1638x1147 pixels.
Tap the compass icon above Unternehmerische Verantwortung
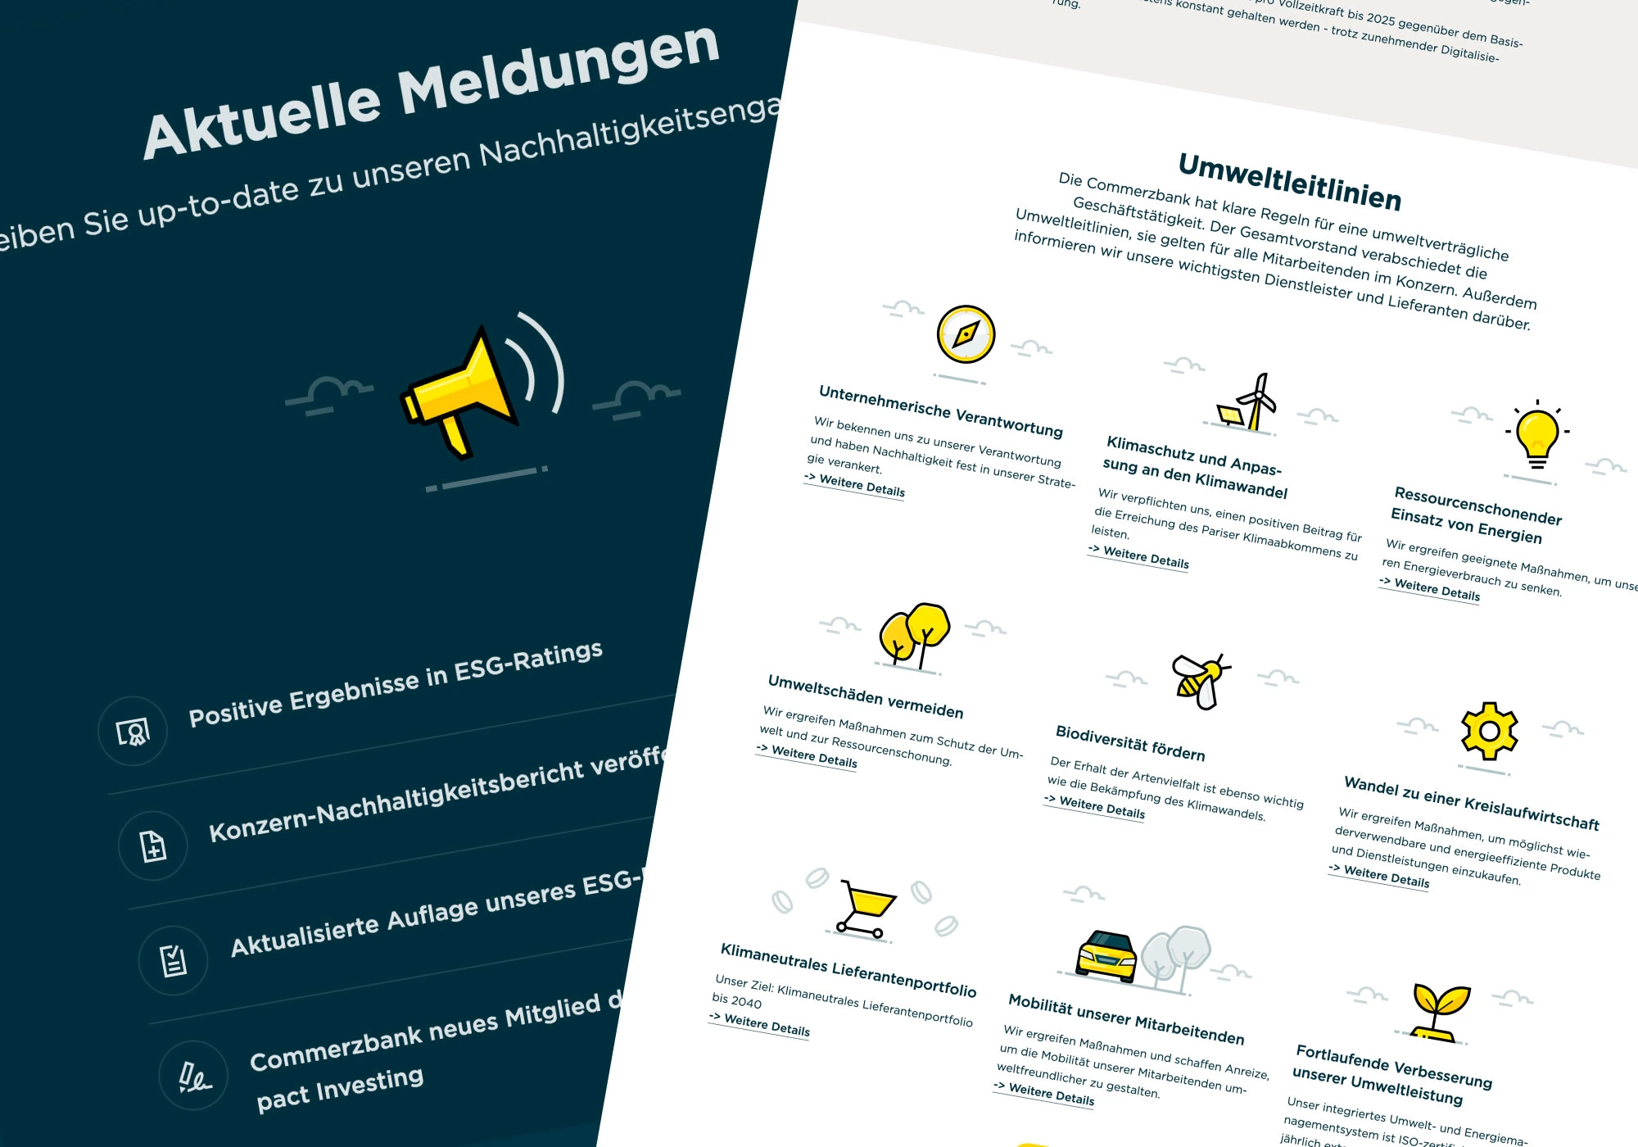(x=966, y=334)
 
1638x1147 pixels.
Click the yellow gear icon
(x=1490, y=731)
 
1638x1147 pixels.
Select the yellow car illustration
(x=1106, y=955)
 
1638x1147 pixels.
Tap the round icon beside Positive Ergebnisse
(x=133, y=731)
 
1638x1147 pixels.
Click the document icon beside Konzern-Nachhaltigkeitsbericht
(x=153, y=846)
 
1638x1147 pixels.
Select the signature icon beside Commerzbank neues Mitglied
(x=194, y=1076)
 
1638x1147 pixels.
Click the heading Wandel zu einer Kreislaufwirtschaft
(x=1471, y=804)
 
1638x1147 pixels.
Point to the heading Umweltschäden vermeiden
(x=865, y=696)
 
